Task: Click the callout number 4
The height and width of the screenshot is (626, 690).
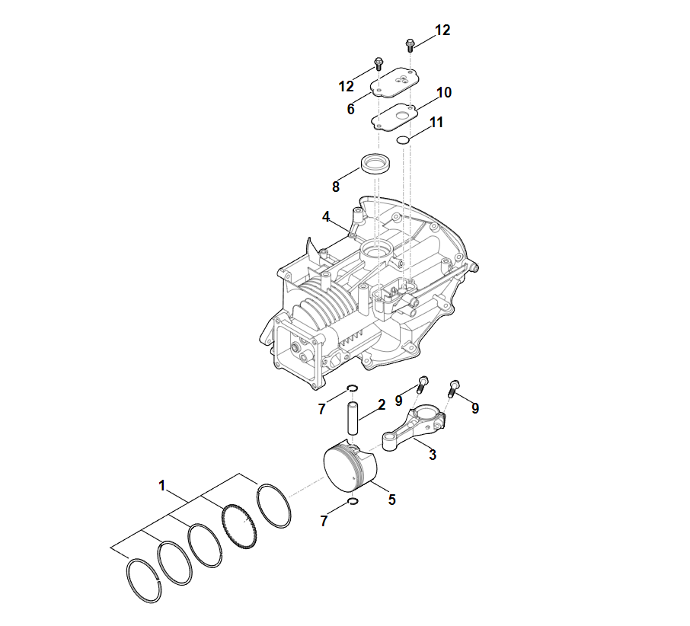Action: pyautogui.click(x=326, y=216)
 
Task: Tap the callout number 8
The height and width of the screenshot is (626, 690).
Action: pyautogui.click(x=336, y=187)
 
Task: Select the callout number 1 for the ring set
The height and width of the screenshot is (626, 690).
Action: pyautogui.click(x=162, y=485)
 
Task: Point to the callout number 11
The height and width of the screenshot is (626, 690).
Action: pyautogui.click(x=436, y=122)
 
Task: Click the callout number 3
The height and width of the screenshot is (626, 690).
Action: pyautogui.click(x=433, y=455)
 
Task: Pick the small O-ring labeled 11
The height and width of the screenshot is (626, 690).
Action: pyautogui.click(x=403, y=140)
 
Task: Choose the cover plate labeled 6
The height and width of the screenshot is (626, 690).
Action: pyautogui.click(x=395, y=83)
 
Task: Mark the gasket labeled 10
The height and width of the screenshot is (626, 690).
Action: pyautogui.click(x=395, y=117)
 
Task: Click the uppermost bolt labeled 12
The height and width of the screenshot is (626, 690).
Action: pyautogui.click(x=410, y=44)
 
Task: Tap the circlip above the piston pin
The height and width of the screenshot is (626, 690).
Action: pyautogui.click(x=352, y=388)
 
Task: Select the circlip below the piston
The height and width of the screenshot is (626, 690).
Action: pyautogui.click(x=353, y=501)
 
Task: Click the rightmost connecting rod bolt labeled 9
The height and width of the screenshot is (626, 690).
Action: pyautogui.click(x=454, y=388)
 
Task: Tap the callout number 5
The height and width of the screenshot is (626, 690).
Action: pyautogui.click(x=391, y=500)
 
